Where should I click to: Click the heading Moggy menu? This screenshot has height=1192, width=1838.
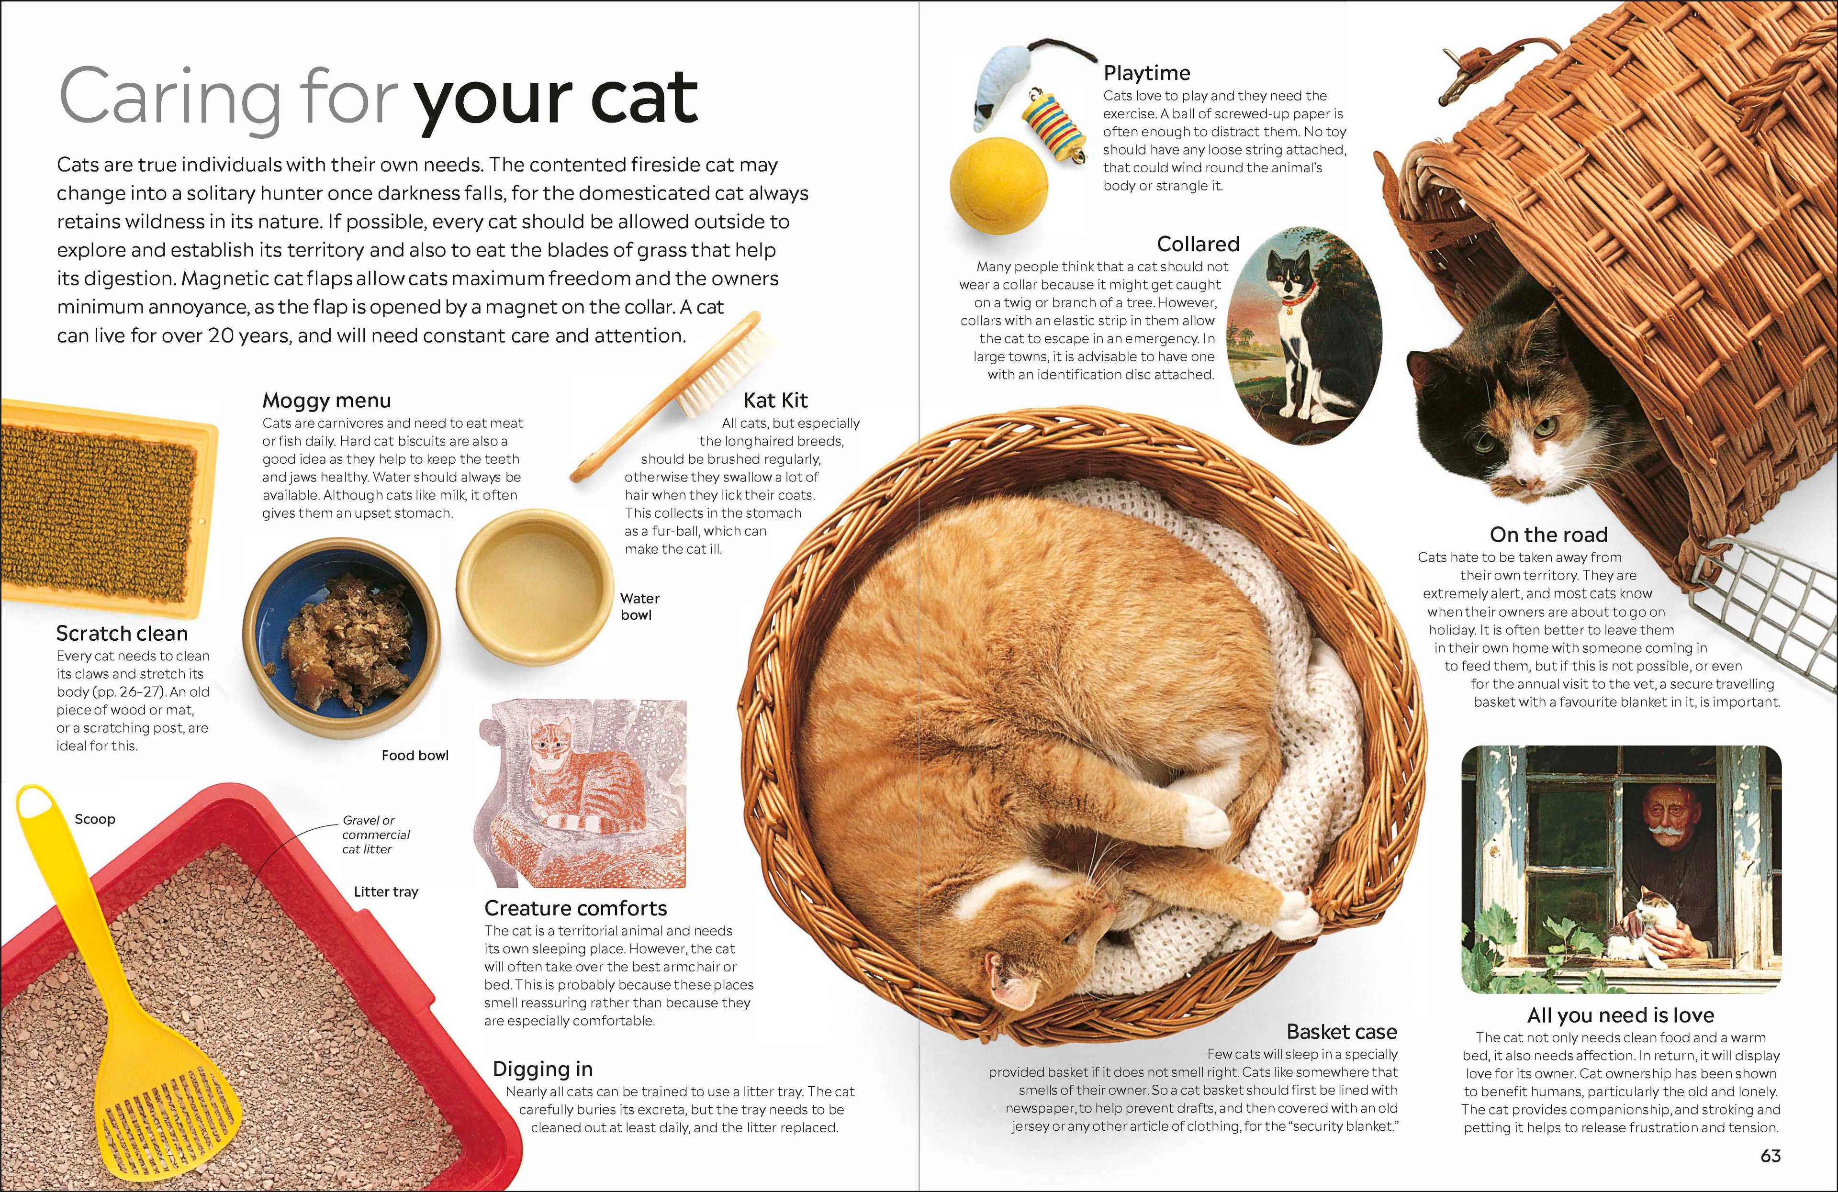pyautogui.click(x=326, y=400)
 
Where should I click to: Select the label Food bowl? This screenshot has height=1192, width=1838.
pyautogui.click(x=415, y=755)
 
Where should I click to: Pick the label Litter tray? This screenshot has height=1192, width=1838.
pyautogui.click(x=385, y=891)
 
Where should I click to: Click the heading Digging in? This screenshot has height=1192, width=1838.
pyautogui.click(x=542, y=1069)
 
